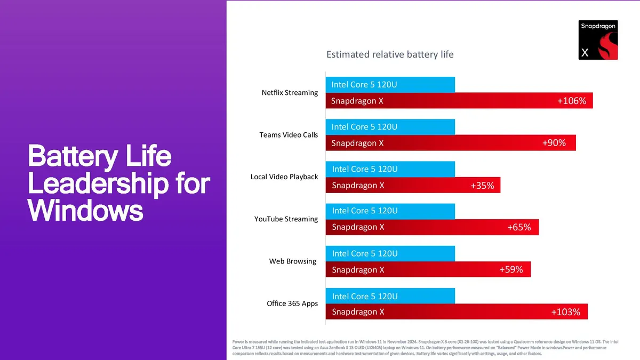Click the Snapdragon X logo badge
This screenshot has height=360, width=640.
click(x=598, y=40)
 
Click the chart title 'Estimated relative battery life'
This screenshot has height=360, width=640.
click(x=390, y=54)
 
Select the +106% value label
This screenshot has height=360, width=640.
click(x=571, y=101)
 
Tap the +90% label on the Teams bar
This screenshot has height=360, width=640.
click(x=554, y=143)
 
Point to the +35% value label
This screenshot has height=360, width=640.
click(x=482, y=186)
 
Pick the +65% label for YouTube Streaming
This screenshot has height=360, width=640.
click(x=519, y=227)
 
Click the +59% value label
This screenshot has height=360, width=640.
click(x=511, y=270)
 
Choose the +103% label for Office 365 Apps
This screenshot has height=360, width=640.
click(x=565, y=312)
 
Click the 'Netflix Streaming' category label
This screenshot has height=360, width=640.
click(x=290, y=93)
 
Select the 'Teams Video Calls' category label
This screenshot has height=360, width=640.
click(x=289, y=135)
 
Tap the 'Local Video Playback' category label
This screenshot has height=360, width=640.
click(x=284, y=177)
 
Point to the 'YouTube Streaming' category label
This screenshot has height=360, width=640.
click(x=286, y=219)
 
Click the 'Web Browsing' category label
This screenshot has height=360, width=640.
click(x=293, y=262)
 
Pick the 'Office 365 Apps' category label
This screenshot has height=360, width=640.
click(x=292, y=304)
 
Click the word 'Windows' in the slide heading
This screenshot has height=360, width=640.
click(x=85, y=210)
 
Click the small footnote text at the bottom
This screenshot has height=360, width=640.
click(x=424, y=348)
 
